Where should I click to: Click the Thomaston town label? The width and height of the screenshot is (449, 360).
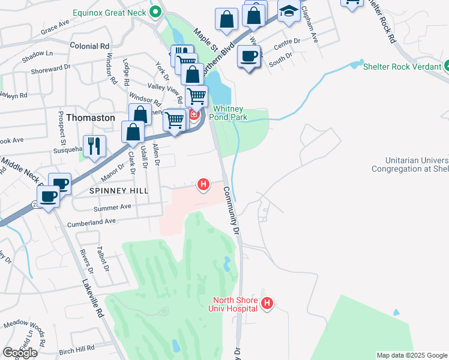click(90, 118)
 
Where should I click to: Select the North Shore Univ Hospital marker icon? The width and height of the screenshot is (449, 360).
click(268, 304)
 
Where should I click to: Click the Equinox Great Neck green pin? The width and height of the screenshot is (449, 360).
click(155, 11)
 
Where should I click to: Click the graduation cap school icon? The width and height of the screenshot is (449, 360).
click(289, 11)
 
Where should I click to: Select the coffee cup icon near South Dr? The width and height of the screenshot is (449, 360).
click(248, 57)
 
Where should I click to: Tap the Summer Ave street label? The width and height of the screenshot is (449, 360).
click(112, 207)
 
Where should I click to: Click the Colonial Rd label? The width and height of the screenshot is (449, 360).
click(89, 46)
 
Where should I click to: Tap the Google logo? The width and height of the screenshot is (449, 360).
click(20, 353)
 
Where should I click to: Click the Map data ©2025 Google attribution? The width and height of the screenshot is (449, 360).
click(412, 355)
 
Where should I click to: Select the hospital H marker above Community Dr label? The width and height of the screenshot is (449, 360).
click(203, 184)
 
